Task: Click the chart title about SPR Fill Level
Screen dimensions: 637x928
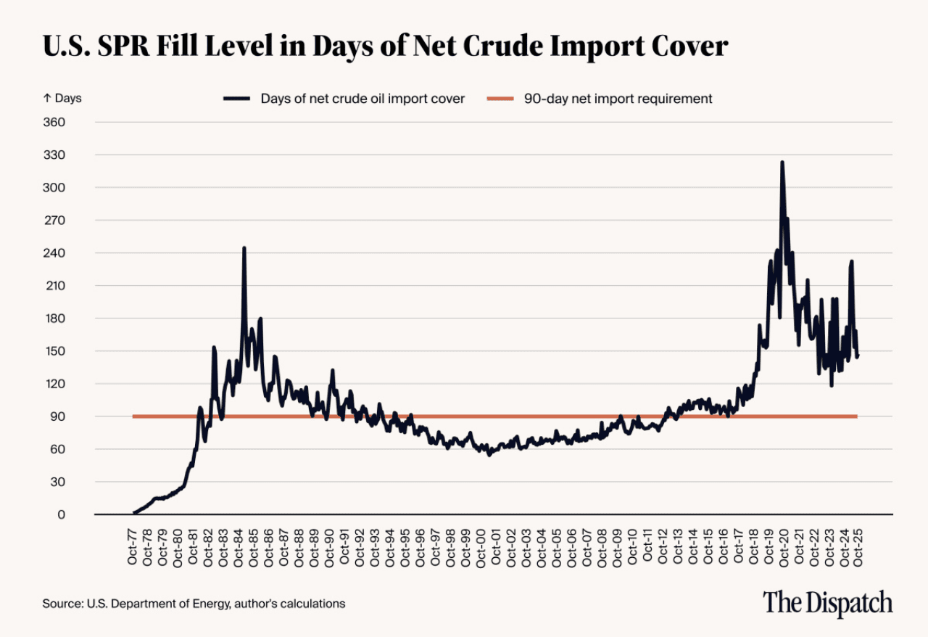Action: (385, 46)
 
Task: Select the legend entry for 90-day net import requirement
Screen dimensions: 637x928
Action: (618, 99)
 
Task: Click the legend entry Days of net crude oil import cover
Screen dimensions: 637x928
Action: (362, 99)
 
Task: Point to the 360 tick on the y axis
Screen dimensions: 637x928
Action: (56, 123)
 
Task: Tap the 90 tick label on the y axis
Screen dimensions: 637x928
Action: (59, 416)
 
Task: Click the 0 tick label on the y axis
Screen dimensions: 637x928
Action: (62, 514)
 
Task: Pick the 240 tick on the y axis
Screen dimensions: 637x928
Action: (56, 253)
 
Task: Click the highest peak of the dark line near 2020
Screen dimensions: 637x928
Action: (782, 163)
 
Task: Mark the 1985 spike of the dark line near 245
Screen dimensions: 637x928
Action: (244, 248)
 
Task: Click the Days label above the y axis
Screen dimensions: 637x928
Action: (62, 99)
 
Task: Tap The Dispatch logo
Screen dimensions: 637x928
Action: (827, 603)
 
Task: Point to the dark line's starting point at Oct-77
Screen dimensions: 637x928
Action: (134, 513)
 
